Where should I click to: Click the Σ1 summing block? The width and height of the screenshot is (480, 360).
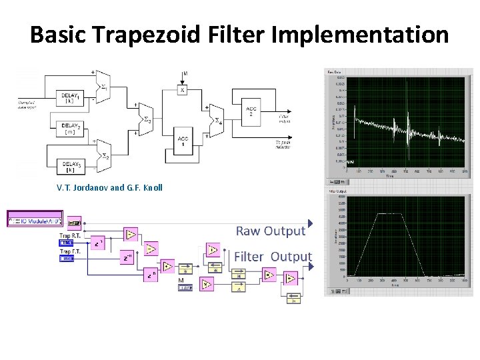pyautogui.click(x=103, y=86)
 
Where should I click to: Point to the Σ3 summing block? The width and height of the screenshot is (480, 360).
pyautogui.click(x=146, y=119)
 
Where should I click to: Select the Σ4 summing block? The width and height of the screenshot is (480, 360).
pyautogui.click(x=215, y=120)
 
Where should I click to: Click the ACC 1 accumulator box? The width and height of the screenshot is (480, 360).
pyautogui.click(x=183, y=142)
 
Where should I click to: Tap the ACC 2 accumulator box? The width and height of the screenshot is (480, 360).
pyautogui.click(x=251, y=111)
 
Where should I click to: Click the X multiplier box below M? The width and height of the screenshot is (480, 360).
pyautogui.click(x=182, y=89)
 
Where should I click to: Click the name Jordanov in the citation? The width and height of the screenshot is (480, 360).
pyautogui.click(x=87, y=187)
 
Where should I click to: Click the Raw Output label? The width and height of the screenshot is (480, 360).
pyautogui.click(x=271, y=231)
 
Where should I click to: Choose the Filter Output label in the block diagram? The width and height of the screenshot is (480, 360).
pyautogui.click(x=273, y=257)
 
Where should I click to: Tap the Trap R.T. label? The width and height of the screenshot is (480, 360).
pyautogui.click(x=71, y=235)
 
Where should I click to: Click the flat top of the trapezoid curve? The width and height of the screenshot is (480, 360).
pyautogui.click(x=387, y=214)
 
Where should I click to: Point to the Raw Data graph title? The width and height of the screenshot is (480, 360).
pyautogui.click(x=334, y=72)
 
